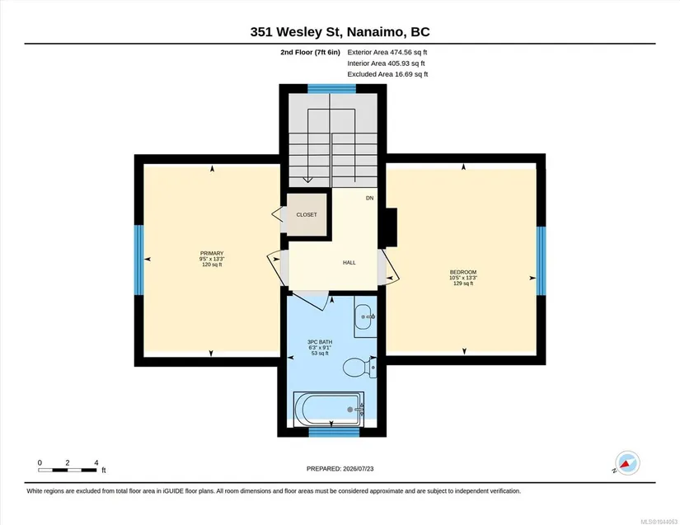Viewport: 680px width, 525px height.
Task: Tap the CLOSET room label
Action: (x=307, y=214)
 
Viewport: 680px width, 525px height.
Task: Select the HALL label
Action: (x=349, y=262)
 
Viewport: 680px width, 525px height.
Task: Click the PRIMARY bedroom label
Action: (x=212, y=253)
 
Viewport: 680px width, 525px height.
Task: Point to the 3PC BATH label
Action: (x=320, y=342)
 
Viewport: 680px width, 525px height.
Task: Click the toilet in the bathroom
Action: (x=359, y=368)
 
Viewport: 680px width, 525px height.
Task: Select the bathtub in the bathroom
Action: (x=328, y=410)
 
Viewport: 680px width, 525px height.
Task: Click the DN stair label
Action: (x=369, y=198)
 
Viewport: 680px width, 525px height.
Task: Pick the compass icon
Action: (x=627, y=463)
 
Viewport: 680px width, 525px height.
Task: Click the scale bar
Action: (x=68, y=470)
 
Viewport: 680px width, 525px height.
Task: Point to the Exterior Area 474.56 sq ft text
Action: (x=387, y=52)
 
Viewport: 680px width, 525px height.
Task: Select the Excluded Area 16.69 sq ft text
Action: (x=387, y=74)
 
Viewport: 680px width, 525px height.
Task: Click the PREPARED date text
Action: (x=340, y=469)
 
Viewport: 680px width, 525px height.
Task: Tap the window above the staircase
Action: (x=332, y=89)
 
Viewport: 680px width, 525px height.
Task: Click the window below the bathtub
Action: (x=335, y=432)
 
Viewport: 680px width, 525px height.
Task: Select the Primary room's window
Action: (x=138, y=260)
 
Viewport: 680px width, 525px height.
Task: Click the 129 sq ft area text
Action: (x=463, y=283)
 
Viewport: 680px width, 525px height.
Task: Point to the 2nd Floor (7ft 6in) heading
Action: (x=310, y=52)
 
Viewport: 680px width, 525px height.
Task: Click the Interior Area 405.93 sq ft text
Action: (x=386, y=63)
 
